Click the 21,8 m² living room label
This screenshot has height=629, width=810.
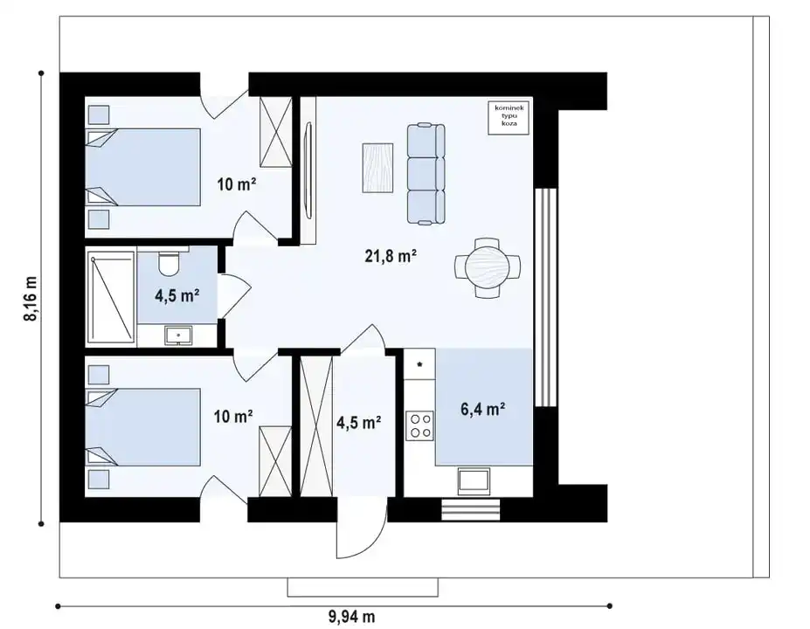point(391,255)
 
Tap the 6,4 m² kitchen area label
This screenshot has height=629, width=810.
point(482,409)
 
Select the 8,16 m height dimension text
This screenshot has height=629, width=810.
point(31,299)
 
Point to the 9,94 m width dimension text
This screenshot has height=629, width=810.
point(352,616)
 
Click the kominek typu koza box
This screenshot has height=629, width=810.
point(509,118)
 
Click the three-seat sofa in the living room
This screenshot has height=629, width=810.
point(426,174)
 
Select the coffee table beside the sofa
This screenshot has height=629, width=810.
point(377,168)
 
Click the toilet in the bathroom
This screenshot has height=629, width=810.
point(169,262)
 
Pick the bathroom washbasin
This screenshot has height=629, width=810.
point(178,335)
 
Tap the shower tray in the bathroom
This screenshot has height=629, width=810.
point(111,297)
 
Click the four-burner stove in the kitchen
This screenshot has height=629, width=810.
point(419,425)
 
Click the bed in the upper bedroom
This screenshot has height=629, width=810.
point(142,168)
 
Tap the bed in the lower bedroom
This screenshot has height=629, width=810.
point(142,427)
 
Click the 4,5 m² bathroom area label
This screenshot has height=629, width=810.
point(177,296)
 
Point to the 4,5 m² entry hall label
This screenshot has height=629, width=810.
point(359,423)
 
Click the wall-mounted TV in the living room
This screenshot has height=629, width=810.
point(308,170)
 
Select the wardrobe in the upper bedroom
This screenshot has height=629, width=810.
point(275,132)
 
